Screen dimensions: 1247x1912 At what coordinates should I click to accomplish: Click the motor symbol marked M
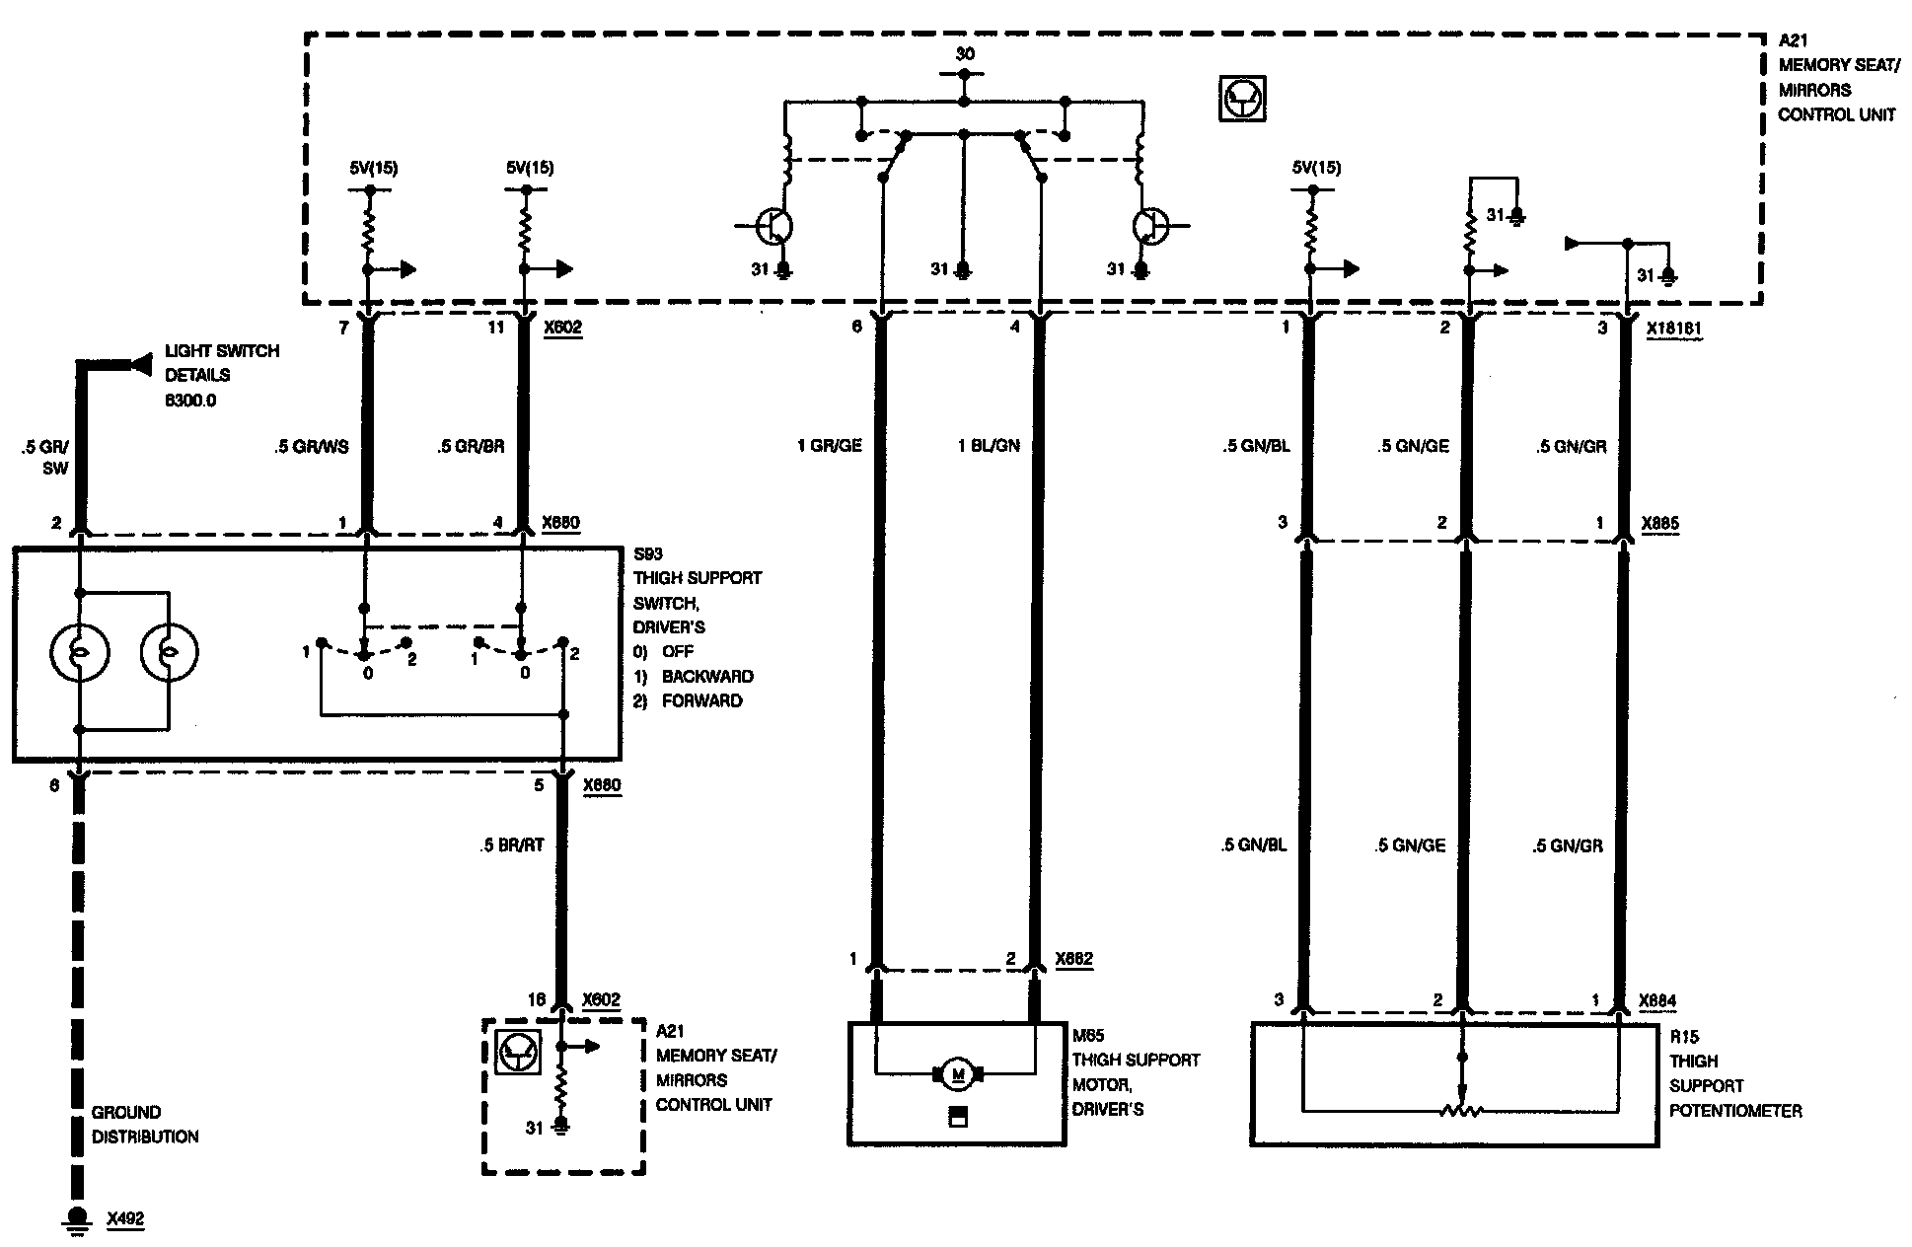coord(955,1072)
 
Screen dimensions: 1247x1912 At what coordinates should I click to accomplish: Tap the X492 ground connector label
coord(125,1219)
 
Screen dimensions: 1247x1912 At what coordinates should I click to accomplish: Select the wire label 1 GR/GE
coord(829,446)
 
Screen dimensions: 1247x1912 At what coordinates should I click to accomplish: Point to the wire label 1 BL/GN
coord(988,446)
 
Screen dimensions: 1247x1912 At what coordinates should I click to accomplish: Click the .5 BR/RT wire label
coord(513,844)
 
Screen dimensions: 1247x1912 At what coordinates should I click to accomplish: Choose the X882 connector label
coord(1073,958)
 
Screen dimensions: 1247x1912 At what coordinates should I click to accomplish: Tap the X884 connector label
coord(1657,1000)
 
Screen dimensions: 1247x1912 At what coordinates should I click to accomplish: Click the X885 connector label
coord(1659,524)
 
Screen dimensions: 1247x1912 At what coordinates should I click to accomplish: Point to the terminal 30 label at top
coord(964,53)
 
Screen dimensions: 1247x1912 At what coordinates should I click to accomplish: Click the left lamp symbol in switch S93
coord(80,652)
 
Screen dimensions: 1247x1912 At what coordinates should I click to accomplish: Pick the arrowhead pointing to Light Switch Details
coord(136,365)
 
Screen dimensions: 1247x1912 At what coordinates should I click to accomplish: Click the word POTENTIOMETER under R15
coord(1734,1111)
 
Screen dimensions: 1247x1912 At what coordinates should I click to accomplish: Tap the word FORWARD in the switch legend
coord(701,700)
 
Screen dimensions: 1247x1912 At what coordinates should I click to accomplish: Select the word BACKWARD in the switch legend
coord(706,677)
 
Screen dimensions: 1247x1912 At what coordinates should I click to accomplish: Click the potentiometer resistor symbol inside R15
coord(1462,1111)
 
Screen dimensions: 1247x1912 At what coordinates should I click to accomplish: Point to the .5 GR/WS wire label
coord(312,446)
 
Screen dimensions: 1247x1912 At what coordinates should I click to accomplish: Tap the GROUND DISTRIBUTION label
coord(145,1125)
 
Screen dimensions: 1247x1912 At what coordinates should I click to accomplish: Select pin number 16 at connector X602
coord(536,1000)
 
